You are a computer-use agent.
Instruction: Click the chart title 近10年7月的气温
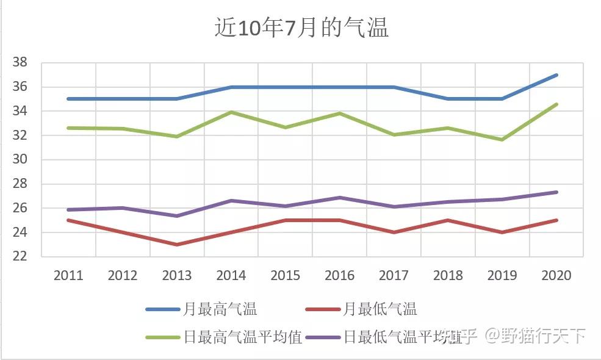(301, 28)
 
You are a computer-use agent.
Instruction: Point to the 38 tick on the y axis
(20, 62)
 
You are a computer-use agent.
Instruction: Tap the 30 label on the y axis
(20, 160)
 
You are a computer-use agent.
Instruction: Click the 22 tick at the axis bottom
(20, 257)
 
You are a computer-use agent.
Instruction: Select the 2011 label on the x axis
(68, 276)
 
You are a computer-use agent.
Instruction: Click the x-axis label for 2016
(339, 276)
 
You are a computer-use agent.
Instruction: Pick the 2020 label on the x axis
(556, 276)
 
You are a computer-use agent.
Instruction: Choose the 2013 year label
(177, 276)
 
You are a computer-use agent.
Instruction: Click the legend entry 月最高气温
(220, 309)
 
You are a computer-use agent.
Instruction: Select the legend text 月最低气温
(380, 309)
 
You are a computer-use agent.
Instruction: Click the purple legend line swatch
(324, 337)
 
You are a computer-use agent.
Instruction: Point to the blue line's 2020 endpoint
(556, 75)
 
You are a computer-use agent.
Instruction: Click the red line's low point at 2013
(177, 245)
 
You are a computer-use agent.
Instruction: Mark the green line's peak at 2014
(231, 112)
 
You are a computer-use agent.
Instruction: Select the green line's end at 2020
(556, 104)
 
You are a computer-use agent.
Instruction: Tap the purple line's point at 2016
(339, 198)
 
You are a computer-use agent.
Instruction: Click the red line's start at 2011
(68, 220)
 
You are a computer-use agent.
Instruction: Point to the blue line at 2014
(231, 87)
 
